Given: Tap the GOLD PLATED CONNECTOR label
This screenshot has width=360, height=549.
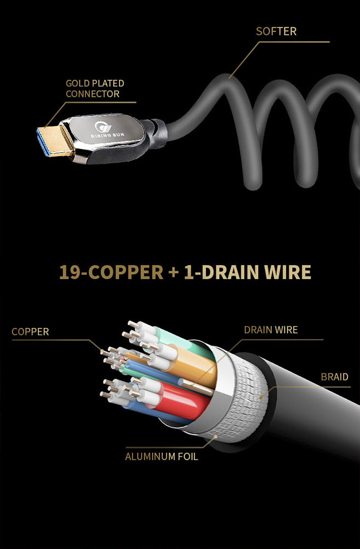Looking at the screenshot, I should tap(95, 88).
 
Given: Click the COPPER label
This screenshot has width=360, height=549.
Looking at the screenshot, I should tap(30, 331).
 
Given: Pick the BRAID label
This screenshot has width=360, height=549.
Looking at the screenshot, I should tap(334, 377).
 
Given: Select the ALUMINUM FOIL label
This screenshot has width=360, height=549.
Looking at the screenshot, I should tap(162, 456).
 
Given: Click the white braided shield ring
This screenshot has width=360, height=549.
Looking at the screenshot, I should tap(247, 400).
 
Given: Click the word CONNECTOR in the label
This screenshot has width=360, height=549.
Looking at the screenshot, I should tap(93, 94).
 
